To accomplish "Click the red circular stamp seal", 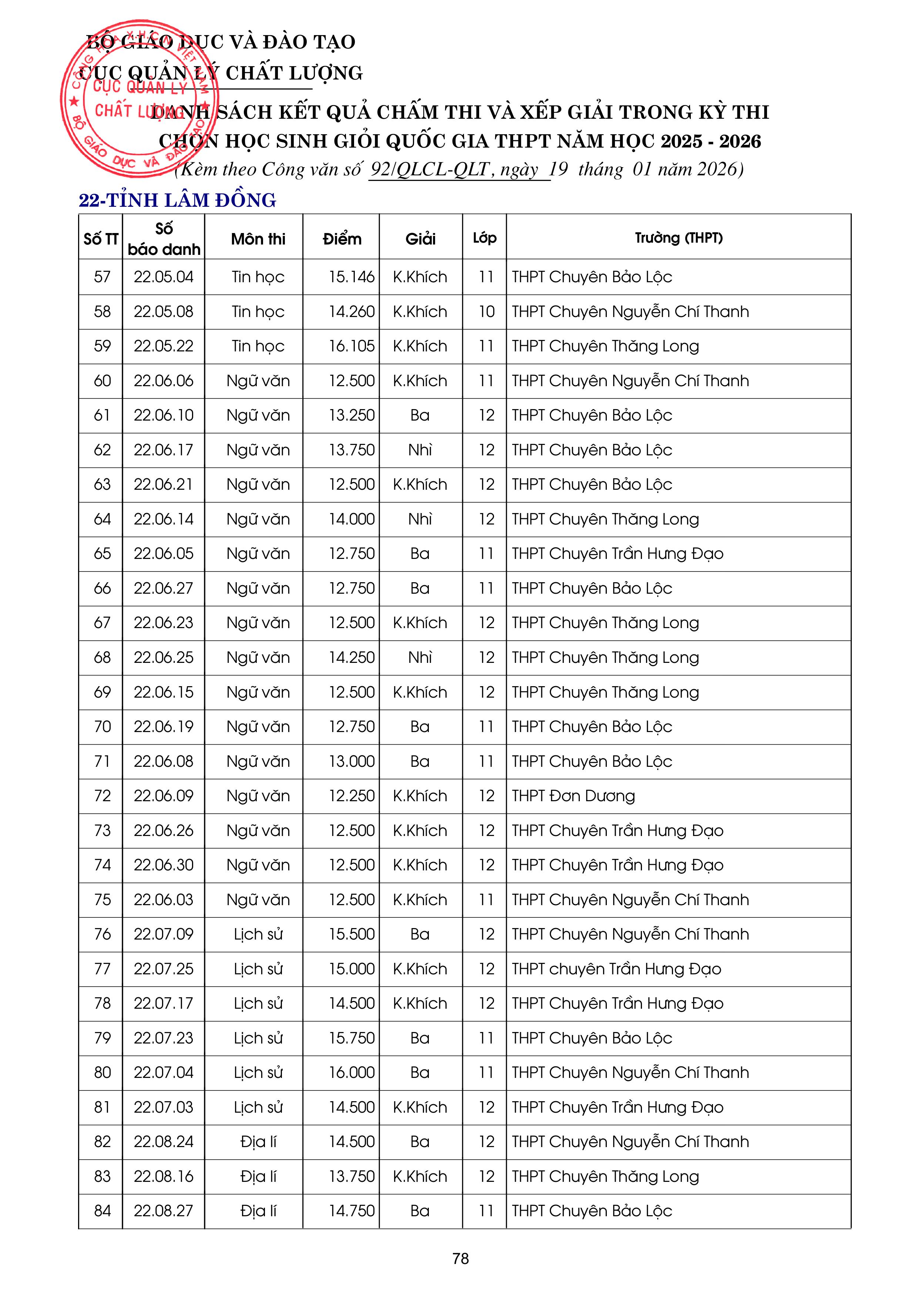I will pyautogui.click(x=136, y=99).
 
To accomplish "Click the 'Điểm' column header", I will pyautogui.click(x=342, y=239).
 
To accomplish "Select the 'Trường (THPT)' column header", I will pyautogui.click(x=678, y=238).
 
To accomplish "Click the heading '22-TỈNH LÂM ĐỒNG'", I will pyautogui.click(x=177, y=200).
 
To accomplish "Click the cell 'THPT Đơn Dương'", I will pyautogui.click(x=573, y=796).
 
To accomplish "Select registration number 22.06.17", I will pyautogui.click(x=164, y=450).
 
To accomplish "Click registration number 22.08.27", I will pyautogui.click(x=164, y=1211).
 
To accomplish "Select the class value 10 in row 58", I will pyautogui.click(x=486, y=311).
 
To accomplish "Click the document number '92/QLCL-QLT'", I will pyautogui.click(x=430, y=169).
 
